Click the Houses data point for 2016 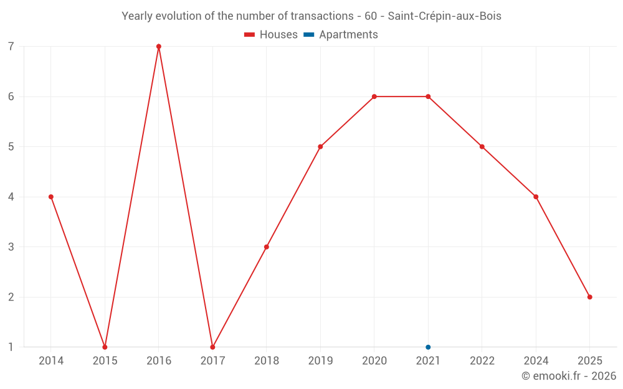coord(159,46)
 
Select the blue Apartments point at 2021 coord(428,347)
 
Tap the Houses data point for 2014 coord(51,197)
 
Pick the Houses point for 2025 coord(589,297)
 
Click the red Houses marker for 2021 coord(428,96)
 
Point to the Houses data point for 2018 coord(267,247)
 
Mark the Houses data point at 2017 coord(212,347)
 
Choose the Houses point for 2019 coord(320,147)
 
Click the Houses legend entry coord(271,35)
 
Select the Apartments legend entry coord(341,35)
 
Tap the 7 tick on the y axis coord(11,46)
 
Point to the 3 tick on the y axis coord(11,247)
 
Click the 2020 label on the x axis coord(374,361)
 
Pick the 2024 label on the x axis coord(536,361)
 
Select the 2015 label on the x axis coord(105,361)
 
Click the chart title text coord(311,16)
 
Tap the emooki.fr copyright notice coord(569,376)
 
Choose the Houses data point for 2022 coord(482,147)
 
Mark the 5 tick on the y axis coord(11,147)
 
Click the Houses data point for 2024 coord(536,197)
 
